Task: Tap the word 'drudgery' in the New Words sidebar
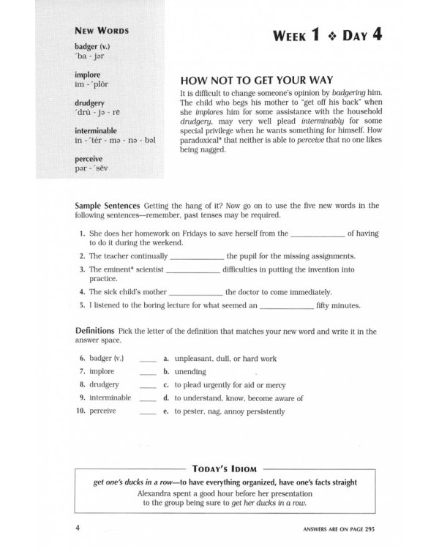[x=90, y=102]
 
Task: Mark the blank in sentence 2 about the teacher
[x=196, y=257]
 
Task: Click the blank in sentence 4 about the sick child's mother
[x=195, y=291]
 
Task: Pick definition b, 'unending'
[x=189, y=373]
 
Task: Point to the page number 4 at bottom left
[x=78, y=527]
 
